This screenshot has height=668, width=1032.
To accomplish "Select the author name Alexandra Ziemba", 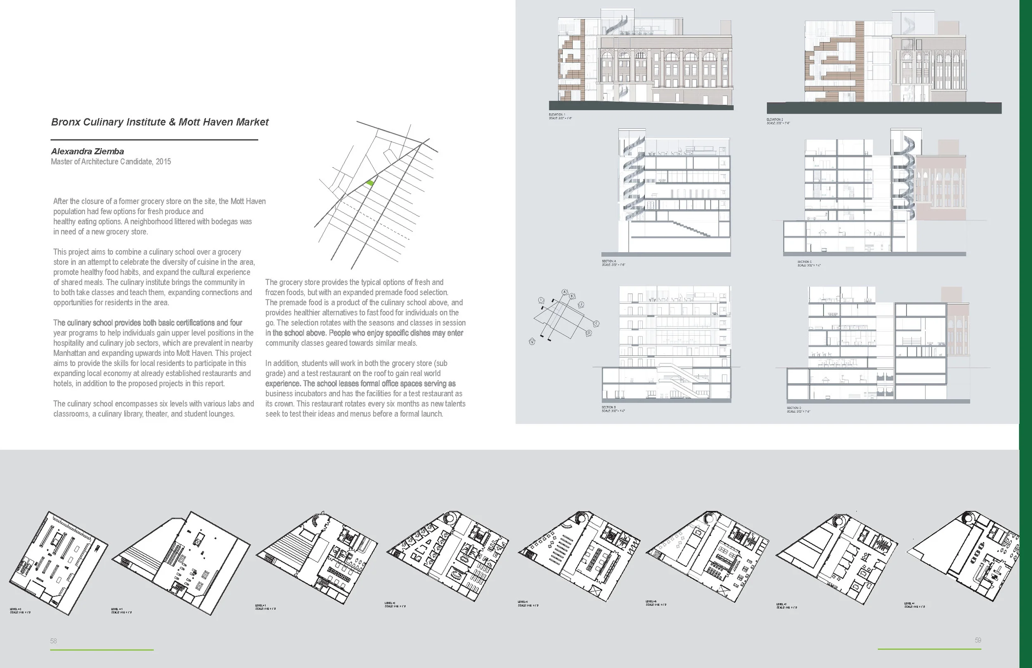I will point(87,152).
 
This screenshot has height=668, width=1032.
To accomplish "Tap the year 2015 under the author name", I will point(163,162).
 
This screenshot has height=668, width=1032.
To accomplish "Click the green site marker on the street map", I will point(369,183).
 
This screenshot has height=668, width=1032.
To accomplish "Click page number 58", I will point(53,641).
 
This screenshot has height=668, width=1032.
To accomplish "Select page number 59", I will point(978,640).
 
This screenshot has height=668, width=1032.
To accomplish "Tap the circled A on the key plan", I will point(565,292).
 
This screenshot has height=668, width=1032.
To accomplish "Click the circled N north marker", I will point(532,342).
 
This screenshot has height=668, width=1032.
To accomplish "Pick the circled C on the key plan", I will point(596,324).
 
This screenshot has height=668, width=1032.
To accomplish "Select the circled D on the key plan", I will point(589,333).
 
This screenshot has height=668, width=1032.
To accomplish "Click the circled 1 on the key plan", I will point(541,300).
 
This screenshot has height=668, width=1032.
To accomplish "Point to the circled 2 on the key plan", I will point(582,305).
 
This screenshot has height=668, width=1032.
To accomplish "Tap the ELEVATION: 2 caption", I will point(775,119).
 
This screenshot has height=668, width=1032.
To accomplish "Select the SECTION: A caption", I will point(609,261).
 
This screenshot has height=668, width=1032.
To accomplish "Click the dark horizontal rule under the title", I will point(154,140).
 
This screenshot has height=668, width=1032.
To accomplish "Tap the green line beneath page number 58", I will point(102,650).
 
